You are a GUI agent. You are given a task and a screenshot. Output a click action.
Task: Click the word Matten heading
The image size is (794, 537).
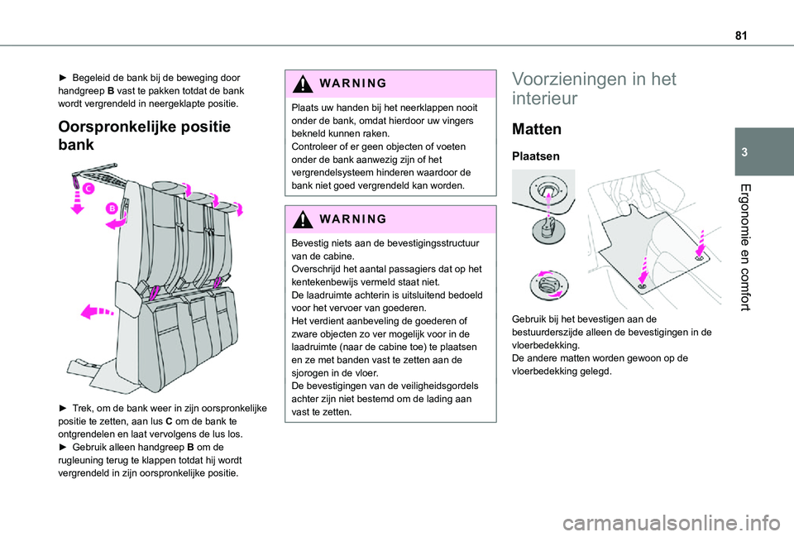click(537, 129)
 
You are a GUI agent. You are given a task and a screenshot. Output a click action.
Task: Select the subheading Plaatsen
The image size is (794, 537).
click(536, 156)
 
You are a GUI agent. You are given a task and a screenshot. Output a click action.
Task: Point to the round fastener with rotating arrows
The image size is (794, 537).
click(543, 284)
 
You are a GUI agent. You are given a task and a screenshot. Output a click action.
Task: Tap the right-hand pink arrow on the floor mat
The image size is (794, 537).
click(700, 242)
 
